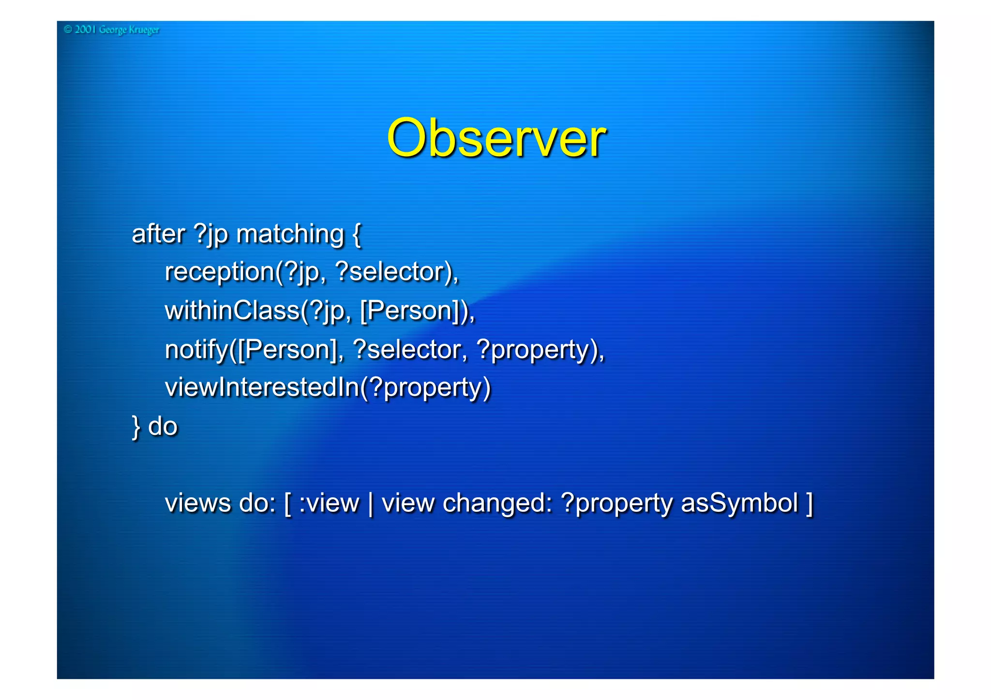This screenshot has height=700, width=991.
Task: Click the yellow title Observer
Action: (x=496, y=139)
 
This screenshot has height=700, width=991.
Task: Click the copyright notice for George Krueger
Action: (x=111, y=30)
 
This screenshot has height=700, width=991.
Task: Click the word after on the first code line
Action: (x=158, y=234)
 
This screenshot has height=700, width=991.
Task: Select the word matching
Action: (x=290, y=235)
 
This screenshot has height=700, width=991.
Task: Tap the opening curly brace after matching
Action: (x=357, y=235)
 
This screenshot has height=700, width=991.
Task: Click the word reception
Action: (x=220, y=272)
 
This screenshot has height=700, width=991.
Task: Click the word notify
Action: (x=196, y=350)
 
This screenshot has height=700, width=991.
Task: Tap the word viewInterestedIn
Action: (x=262, y=387)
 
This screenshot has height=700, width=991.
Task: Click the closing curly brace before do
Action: (x=136, y=427)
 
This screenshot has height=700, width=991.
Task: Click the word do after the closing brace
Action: (x=163, y=426)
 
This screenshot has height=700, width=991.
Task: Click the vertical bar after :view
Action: (x=371, y=503)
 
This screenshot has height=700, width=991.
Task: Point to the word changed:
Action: (x=497, y=503)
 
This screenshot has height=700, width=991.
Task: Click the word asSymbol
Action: (x=739, y=503)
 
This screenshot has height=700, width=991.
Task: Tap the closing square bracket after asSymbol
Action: (x=809, y=503)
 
